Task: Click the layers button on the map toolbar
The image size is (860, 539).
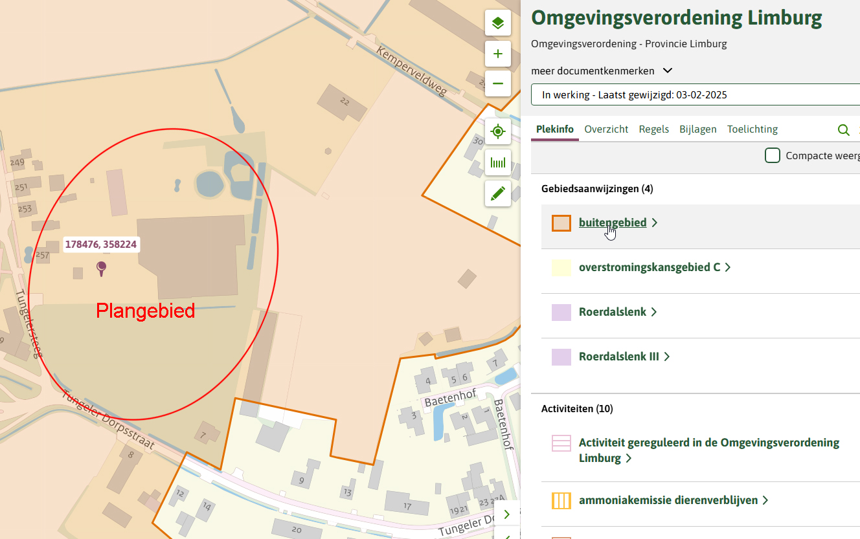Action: [497, 24]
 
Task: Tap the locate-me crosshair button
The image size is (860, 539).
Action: [497, 132]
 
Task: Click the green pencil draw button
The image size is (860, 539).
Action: [497, 193]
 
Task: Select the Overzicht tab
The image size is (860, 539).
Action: [606, 129]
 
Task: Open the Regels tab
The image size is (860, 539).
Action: [653, 129]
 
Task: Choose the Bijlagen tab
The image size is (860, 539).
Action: [697, 129]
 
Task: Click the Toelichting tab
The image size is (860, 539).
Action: [752, 129]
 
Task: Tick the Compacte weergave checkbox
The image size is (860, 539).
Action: [772, 155]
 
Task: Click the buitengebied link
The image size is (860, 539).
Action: [612, 223]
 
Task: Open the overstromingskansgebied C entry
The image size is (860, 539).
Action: [649, 267]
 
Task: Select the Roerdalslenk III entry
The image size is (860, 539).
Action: [618, 357]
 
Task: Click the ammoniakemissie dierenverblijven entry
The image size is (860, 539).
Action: [668, 500]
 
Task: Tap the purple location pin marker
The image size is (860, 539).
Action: [101, 267]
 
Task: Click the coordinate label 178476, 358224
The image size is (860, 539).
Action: [101, 245]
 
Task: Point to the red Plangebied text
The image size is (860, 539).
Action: [145, 311]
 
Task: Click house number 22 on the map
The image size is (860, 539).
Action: [344, 102]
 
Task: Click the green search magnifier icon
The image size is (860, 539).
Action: [843, 130]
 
